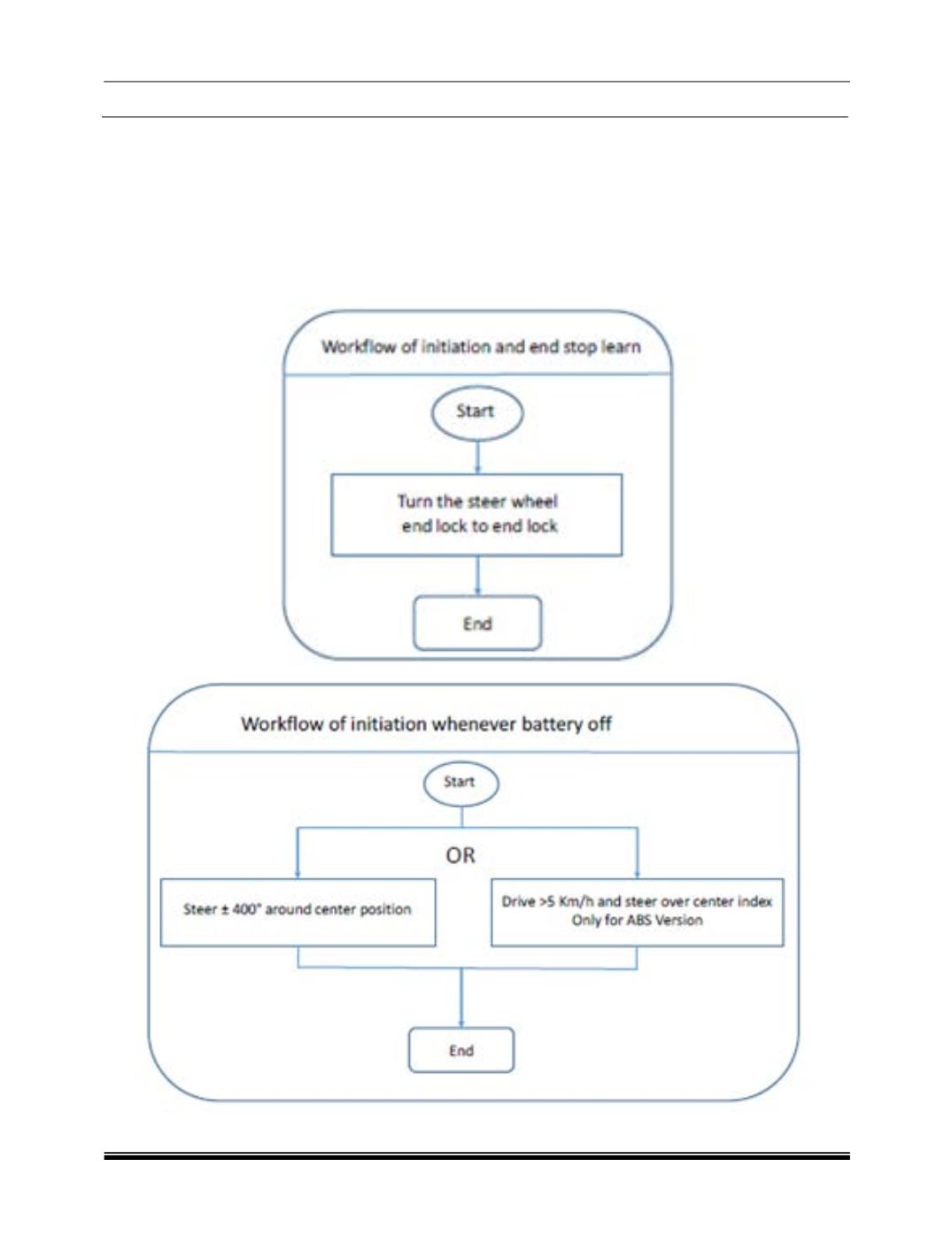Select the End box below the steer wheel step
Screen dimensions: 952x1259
pyautogui.click(x=477, y=623)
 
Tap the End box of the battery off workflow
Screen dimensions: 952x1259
pyautogui.click(x=461, y=1050)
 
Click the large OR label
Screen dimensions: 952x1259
pyautogui.click(x=460, y=856)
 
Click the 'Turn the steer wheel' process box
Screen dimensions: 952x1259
pyautogui.click(x=476, y=514)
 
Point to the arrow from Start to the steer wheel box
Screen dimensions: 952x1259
pyautogui.click(x=477, y=457)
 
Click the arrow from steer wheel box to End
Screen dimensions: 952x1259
pyautogui.click(x=477, y=575)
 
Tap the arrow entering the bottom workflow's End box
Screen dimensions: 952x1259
pyautogui.click(x=461, y=999)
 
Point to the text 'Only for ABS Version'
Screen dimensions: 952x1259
pyautogui.click(x=637, y=921)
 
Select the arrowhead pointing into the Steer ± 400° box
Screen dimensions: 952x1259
pyautogui.click(x=297, y=876)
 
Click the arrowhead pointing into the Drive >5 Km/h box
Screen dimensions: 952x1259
pyautogui.click(x=637, y=876)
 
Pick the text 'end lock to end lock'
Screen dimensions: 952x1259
pyautogui.click(x=479, y=527)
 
